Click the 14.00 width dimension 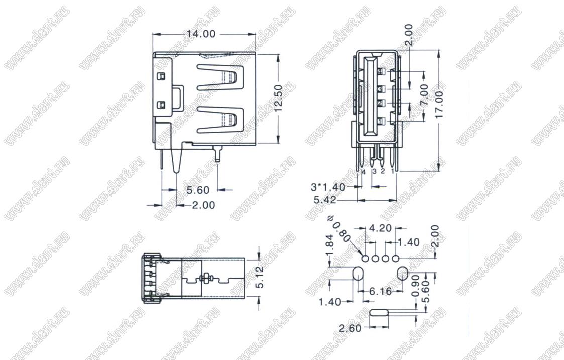tap(201, 34)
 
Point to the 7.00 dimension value tap(424, 94)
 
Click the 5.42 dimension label tap(324, 200)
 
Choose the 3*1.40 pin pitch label tap(327, 187)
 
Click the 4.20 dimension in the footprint tap(381, 229)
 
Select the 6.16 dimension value tap(381, 291)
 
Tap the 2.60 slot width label tap(350, 328)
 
